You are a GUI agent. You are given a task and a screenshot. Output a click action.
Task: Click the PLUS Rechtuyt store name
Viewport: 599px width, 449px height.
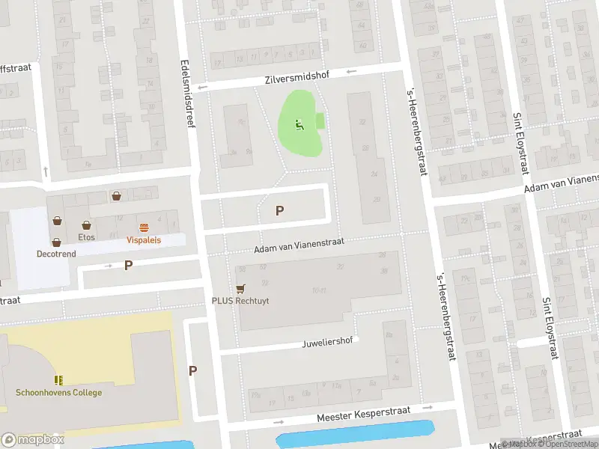[240, 301]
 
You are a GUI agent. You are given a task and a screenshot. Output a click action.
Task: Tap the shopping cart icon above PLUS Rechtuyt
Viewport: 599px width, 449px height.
[240, 288]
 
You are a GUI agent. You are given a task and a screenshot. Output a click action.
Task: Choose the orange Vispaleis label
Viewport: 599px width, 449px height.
[144, 240]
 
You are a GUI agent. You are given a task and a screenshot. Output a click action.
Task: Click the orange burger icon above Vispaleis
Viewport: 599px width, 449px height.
[143, 227]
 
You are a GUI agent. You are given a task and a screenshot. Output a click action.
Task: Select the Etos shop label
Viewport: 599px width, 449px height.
[87, 237]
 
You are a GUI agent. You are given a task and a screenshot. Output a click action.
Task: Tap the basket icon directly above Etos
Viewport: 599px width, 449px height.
[87, 225]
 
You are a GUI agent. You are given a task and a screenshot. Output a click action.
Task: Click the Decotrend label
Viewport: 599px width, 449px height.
[57, 254]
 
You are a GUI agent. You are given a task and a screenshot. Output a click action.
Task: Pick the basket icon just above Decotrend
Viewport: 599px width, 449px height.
[57, 242]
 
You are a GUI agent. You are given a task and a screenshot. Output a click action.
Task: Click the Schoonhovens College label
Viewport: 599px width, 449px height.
[58, 393]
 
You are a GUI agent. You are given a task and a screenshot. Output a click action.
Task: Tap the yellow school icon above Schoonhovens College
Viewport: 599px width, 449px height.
[58, 380]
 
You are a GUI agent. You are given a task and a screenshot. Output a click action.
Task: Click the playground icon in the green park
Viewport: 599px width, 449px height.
[299, 125]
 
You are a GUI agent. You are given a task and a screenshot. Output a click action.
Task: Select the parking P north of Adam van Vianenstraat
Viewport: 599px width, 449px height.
[279, 211]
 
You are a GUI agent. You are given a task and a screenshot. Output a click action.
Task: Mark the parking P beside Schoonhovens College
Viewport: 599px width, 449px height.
[192, 370]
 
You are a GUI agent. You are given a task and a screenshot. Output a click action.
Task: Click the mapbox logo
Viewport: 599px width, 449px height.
[33, 439]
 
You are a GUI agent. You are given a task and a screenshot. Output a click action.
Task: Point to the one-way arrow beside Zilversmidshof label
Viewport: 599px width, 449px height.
[351, 73]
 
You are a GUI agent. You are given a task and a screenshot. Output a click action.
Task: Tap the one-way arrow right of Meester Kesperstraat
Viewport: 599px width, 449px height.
[428, 409]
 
